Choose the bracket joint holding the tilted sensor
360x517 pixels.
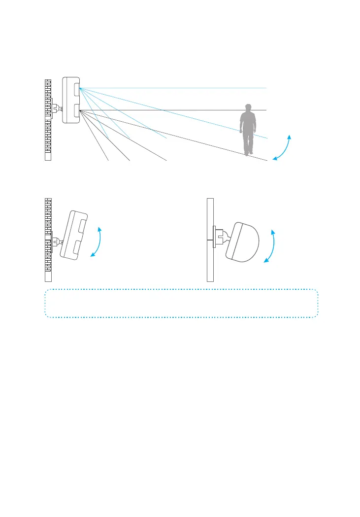tap(57, 241)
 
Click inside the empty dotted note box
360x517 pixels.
tap(181, 303)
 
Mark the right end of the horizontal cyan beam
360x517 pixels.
tap(266, 88)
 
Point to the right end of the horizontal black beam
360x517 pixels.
tap(266, 109)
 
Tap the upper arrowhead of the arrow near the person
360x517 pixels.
tap(290, 135)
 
